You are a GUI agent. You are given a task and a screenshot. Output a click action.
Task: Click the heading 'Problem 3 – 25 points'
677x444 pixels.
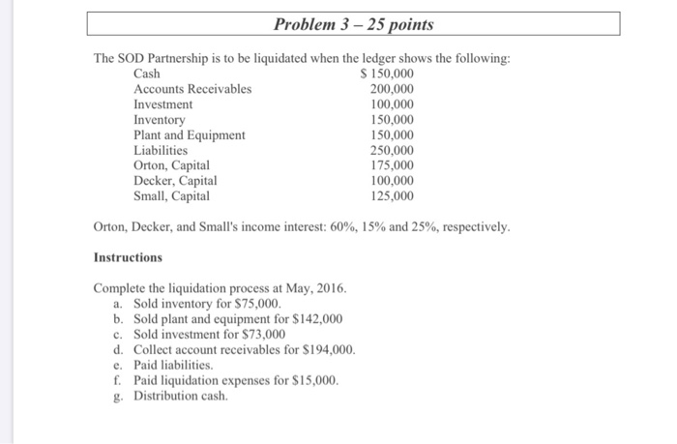tap(353, 23)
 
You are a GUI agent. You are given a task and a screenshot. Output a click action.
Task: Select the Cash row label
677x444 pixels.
tap(147, 74)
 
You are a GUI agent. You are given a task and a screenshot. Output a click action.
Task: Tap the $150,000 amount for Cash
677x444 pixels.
tap(386, 74)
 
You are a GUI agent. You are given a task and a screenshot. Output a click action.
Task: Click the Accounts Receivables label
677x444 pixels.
tap(191, 89)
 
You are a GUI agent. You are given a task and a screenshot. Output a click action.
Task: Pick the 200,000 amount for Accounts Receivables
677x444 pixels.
tap(392, 89)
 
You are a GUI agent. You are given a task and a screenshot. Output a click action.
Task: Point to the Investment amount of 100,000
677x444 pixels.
tap(392, 104)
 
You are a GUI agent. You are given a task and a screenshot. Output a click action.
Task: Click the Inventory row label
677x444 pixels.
tap(159, 120)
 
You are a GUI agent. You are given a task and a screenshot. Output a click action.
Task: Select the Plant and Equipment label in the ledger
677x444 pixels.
tap(189, 135)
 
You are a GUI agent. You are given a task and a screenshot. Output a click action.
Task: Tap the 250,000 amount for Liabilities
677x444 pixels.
tap(392, 151)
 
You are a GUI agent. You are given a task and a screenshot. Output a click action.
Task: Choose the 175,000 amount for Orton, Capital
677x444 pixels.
tap(392, 165)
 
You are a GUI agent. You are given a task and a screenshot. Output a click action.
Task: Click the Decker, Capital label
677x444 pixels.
tap(175, 181)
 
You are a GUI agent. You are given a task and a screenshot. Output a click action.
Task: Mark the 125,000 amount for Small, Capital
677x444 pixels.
tap(392, 196)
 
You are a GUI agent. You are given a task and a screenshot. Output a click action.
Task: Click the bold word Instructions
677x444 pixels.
tap(128, 258)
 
